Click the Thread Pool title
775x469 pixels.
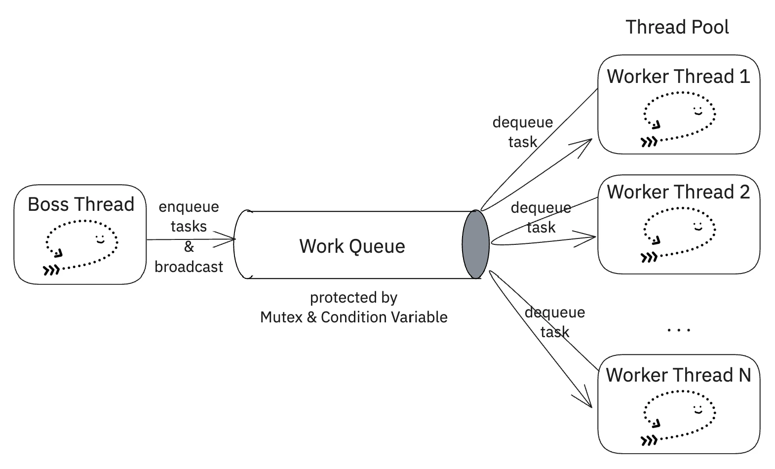pyautogui.click(x=677, y=27)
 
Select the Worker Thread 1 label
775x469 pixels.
pyautogui.click(x=678, y=77)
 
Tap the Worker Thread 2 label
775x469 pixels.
pyautogui.click(x=678, y=192)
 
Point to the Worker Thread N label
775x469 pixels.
pyautogui.click(x=678, y=375)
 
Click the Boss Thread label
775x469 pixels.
pyautogui.click(x=81, y=204)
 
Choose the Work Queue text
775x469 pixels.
pyautogui.click(x=352, y=246)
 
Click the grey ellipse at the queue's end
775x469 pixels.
pyautogui.click(x=475, y=244)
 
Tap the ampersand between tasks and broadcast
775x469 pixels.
pyautogui.click(x=189, y=246)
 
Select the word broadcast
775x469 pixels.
pyautogui.click(x=189, y=267)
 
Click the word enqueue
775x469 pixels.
pyautogui.click(x=189, y=206)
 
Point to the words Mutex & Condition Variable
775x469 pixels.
pyautogui.click(x=353, y=317)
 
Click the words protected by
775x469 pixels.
pyautogui.click(x=353, y=297)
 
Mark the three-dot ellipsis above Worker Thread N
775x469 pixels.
pyautogui.click(x=679, y=330)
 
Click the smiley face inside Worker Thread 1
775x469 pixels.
pyautogui.click(x=697, y=111)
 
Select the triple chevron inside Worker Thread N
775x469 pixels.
pyautogui.click(x=649, y=440)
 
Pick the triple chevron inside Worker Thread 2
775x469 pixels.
pyautogui.click(x=649, y=257)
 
